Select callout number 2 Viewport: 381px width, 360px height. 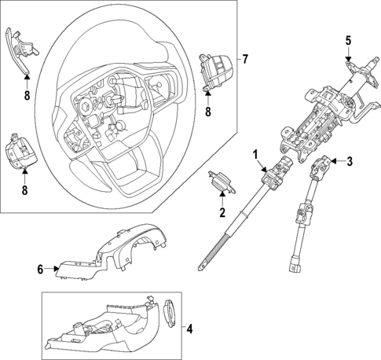point(222,212)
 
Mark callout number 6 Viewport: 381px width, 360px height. point(41,270)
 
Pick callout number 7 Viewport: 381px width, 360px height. point(244,60)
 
